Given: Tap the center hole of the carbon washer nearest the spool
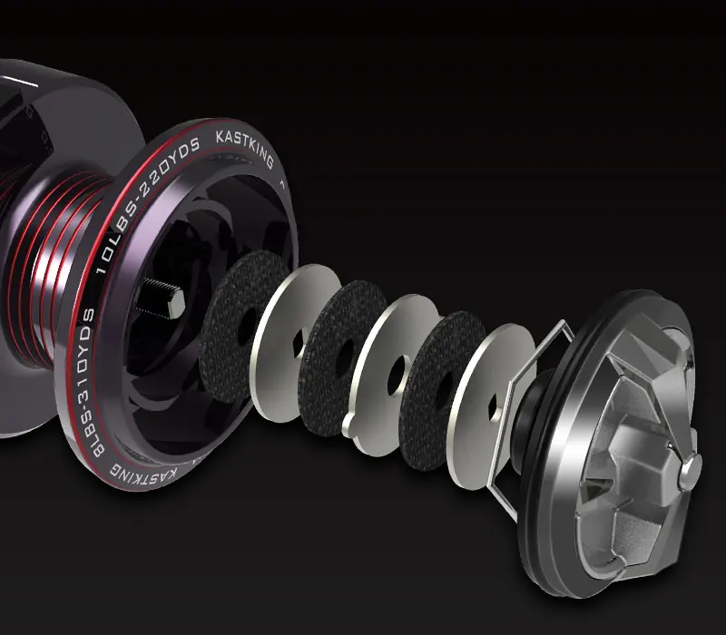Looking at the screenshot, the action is coord(247,327).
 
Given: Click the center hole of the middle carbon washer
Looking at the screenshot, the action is coord(345,357).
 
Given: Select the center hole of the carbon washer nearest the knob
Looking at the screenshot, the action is coord(443,391).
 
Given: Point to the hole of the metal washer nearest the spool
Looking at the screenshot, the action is coord(299,344).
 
